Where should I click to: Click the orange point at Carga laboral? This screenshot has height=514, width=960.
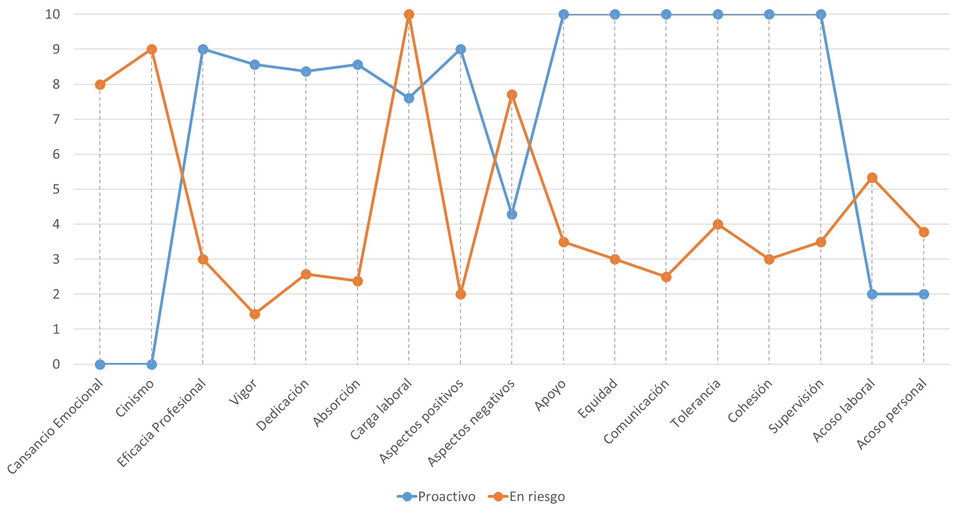click(409, 15)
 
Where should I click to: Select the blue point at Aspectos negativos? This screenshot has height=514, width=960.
click(512, 214)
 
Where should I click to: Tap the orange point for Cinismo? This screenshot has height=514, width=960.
click(152, 49)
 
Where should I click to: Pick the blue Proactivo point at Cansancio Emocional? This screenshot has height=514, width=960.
click(100, 364)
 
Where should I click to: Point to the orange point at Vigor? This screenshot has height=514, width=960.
click(255, 314)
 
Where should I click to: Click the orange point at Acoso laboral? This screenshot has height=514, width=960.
click(872, 177)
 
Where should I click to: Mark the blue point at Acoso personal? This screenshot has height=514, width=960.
click(924, 294)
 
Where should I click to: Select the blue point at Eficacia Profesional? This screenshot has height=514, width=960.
click(203, 49)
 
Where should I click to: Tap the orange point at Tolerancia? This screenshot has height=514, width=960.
click(718, 224)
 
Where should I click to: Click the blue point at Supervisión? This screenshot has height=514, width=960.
click(821, 15)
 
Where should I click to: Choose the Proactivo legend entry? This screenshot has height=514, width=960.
click(436, 497)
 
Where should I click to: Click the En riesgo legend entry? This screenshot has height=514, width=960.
click(527, 497)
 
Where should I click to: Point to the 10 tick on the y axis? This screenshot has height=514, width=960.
click(53, 15)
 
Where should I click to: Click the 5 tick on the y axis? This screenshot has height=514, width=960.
click(56, 189)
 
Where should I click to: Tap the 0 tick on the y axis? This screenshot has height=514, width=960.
click(56, 364)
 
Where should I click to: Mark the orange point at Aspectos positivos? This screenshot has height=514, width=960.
click(460, 294)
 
